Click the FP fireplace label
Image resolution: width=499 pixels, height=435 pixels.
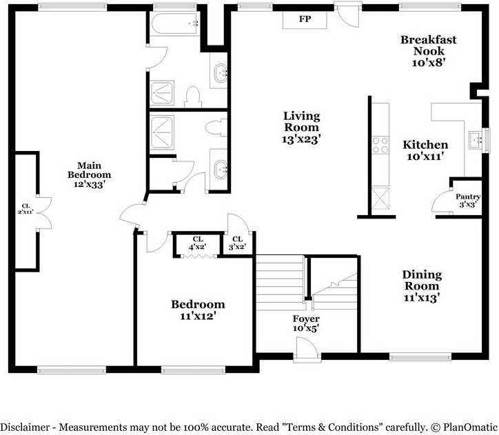304,19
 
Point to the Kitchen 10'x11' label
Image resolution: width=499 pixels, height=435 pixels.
425,150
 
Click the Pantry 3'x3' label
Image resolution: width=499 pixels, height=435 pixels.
468,201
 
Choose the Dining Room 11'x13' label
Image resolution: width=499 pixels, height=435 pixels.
422,286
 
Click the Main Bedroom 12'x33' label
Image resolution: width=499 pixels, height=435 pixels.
89,174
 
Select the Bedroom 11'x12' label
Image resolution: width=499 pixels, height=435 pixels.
198,310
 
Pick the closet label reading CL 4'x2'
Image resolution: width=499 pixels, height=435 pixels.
198,243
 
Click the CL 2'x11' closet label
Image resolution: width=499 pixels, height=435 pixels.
26,210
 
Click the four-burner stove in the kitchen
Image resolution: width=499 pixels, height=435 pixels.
380,145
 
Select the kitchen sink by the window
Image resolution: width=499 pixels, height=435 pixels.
476,141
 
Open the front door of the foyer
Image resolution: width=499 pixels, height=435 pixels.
306,352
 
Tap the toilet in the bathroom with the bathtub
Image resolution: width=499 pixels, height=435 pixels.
194,95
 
